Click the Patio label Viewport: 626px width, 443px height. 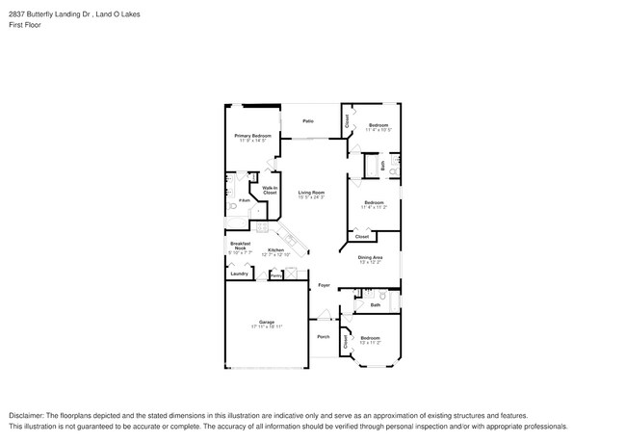[308, 121]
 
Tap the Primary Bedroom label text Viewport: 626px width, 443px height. [252, 136]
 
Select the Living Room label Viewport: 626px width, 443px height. [310, 193]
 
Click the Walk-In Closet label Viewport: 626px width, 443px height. [270, 191]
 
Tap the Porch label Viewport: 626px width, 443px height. [324, 336]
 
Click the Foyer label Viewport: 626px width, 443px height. [325, 285]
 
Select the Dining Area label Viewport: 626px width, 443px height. [371, 257]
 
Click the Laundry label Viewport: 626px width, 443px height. [238, 274]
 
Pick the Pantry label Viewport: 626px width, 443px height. [275, 275]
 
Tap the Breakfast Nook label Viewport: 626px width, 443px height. [240, 246]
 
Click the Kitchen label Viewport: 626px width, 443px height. [275, 249]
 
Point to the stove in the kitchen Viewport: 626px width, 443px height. [290, 238]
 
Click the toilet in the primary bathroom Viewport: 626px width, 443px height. [234, 207]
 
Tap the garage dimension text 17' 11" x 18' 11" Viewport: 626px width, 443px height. [266, 326]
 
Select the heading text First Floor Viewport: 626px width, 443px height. [25, 25]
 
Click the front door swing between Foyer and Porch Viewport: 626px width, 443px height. [325, 314]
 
